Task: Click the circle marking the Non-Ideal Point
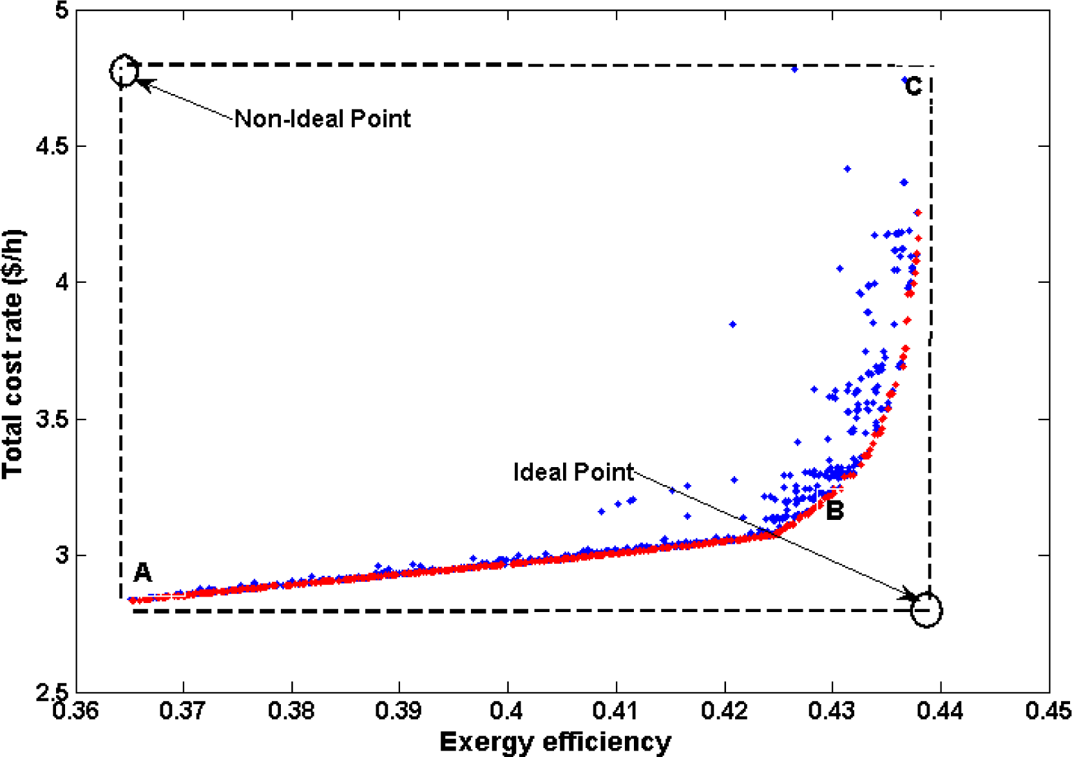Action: click(124, 70)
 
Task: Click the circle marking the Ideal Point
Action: click(926, 611)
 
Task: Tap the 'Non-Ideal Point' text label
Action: click(322, 119)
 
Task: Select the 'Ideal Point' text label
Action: click(573, 472)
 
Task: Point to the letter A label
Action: click(142, 572)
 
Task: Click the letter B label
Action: click(835, 511)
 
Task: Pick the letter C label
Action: click(913, 86)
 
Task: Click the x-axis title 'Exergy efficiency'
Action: click(555, 742)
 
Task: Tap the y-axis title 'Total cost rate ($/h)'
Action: click(13, 354)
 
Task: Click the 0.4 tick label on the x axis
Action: click(508, 711)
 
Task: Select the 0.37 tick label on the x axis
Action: click(184, 711)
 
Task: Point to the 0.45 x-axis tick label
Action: click(1049, 711)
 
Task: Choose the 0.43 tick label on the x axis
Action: click(833, 711)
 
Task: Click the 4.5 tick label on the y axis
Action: click(52, 146)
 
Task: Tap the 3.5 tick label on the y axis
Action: click(52, 419)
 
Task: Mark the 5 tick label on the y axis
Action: click(62, 11)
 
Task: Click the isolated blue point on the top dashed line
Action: click(794, 69)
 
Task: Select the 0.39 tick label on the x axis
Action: click(399, 711)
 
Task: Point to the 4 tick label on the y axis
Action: click(62, 282)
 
